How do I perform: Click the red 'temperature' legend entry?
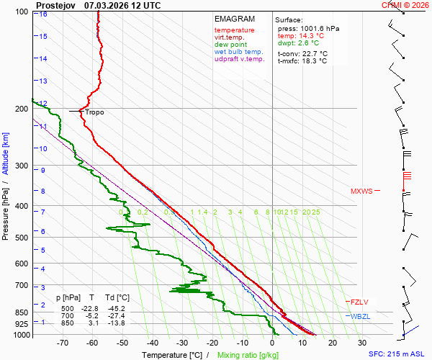tap(234, 30)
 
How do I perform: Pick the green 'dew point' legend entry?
tap(230, 45)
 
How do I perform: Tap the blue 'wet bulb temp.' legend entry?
tap(239, 52)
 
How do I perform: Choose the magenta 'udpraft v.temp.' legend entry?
tap(240, 59)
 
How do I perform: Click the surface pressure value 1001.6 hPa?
tap(319, 28)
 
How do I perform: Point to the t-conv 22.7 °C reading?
tap(302, 53)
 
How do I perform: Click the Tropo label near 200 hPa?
tap(94, 112)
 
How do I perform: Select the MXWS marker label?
tap(361, 192)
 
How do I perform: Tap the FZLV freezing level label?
tap(359, 302)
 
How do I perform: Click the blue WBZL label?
tap(359, 317)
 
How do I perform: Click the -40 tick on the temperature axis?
tap(152, 343)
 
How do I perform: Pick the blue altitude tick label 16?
tap(44, 14)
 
